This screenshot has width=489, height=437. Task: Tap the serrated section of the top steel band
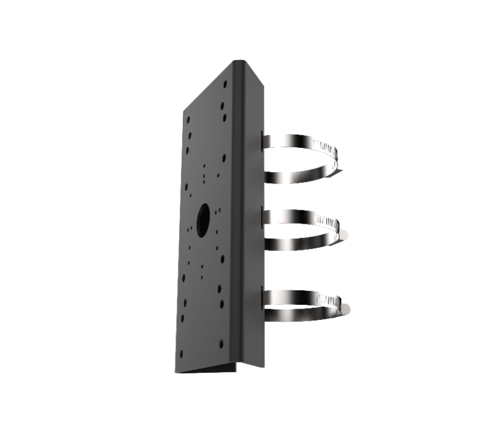(327, 148)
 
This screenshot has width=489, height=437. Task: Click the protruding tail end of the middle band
(344, 236)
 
